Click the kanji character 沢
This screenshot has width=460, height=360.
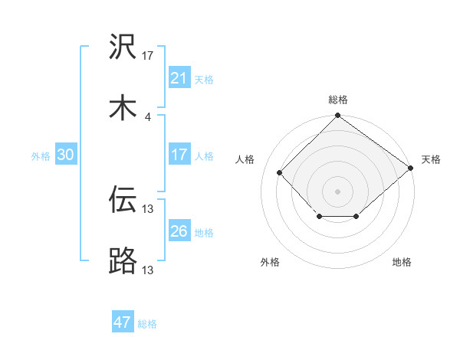click(x=123, y=47)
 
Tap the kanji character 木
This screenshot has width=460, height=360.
click(x=123, y=108)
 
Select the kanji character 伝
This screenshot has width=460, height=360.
click(x=123, y=200)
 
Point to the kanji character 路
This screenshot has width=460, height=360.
click(x=123, y=260)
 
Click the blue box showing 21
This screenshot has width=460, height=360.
click(x=179, y=78)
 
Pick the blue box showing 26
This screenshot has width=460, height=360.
click(x=179, y=231)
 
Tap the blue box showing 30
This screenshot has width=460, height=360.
click(x=66, y=155)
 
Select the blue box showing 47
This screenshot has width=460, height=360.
click(x=123, y=322)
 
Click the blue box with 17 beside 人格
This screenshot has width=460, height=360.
click(x=179, y=155)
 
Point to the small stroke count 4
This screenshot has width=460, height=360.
click(x=148, y=116)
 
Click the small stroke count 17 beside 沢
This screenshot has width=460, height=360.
click(x=148, y=55)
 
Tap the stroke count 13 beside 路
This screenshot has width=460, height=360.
click(x=148, y=269)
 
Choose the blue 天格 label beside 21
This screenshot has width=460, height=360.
click(x=204, y=79)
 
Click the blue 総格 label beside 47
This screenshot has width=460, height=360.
click(x=148, y=324)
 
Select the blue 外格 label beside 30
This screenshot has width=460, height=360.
click(x=41, y=155)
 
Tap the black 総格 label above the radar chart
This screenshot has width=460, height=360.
click(x=337, y=100)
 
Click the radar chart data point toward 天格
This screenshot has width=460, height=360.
click(x=410, y=168)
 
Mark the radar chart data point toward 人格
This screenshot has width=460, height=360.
click(x=280, y=172)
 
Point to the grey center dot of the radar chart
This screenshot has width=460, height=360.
click(x=337, y=191)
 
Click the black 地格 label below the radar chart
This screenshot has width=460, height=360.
click(x=402, y=262)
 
